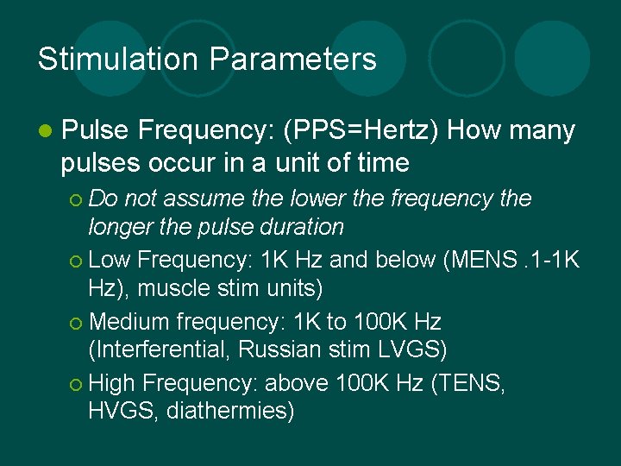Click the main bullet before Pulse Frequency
tap(45, 131)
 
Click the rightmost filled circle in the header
tap(552, 59)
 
